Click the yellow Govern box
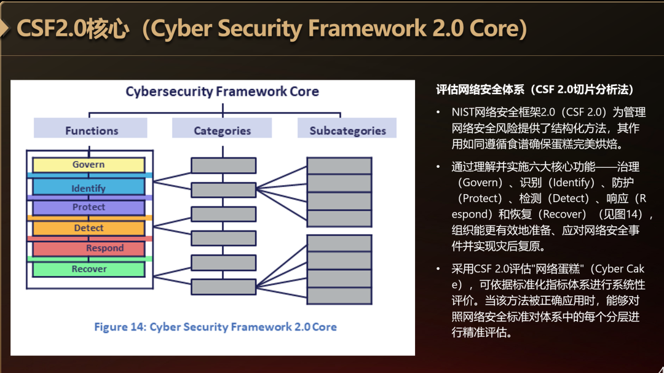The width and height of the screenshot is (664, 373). [x=89, y=165]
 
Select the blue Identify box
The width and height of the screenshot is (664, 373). [x=89, y=187]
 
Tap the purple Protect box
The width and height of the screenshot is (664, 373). [x=89, y=208]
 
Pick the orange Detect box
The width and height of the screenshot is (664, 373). [x=89, y=228]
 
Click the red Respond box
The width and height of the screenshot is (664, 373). [x=89, y=248]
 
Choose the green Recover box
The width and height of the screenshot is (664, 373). [x=89, y=269]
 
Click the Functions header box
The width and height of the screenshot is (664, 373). [x=90, y=128]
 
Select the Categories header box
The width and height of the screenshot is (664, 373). [x=222, y=128]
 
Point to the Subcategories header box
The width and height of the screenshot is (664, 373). [x=347, y=128]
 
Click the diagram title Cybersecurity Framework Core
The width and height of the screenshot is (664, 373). [x=223, y=92]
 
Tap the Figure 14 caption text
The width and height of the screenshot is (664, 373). [x=216, y=327]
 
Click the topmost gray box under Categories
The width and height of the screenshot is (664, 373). [x=224, y=165]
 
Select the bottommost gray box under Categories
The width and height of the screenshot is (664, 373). [x=224, y=286]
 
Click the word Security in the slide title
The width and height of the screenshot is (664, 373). [x=259, y=28]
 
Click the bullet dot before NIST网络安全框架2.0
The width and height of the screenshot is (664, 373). [x=438, y=112]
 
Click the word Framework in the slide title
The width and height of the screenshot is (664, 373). [x=367, y=28]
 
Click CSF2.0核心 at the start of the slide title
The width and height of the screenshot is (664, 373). [x=73, y=29]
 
